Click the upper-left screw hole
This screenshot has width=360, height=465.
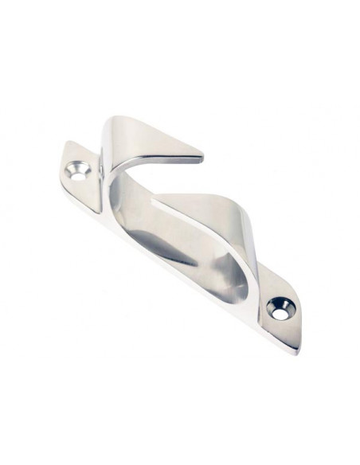point(78,170)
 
